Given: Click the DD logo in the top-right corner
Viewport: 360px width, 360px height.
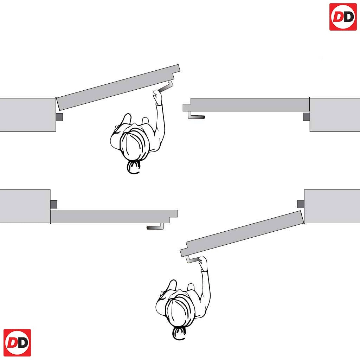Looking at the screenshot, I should [x=343, y=17].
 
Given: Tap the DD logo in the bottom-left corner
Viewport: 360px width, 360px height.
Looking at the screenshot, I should [x=17, y=343].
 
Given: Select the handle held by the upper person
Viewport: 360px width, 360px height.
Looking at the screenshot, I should [x=166, y=86].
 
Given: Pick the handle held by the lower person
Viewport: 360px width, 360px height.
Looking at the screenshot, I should [x=192, y=259].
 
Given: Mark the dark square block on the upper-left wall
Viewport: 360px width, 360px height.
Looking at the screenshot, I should [x=59, y=117].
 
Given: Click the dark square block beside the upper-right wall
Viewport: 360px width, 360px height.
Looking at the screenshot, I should [x=306, y=117].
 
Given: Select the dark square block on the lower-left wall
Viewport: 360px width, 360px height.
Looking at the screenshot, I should [x=53, y=204].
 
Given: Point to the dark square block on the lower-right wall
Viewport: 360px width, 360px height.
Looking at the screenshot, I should [x=301, y=204].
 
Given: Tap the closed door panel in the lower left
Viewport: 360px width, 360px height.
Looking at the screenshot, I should [x=112, y=217].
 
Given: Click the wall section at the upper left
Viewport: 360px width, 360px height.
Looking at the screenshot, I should [x=27, y=115].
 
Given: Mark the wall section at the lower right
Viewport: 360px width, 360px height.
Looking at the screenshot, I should [x=332, y=206].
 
